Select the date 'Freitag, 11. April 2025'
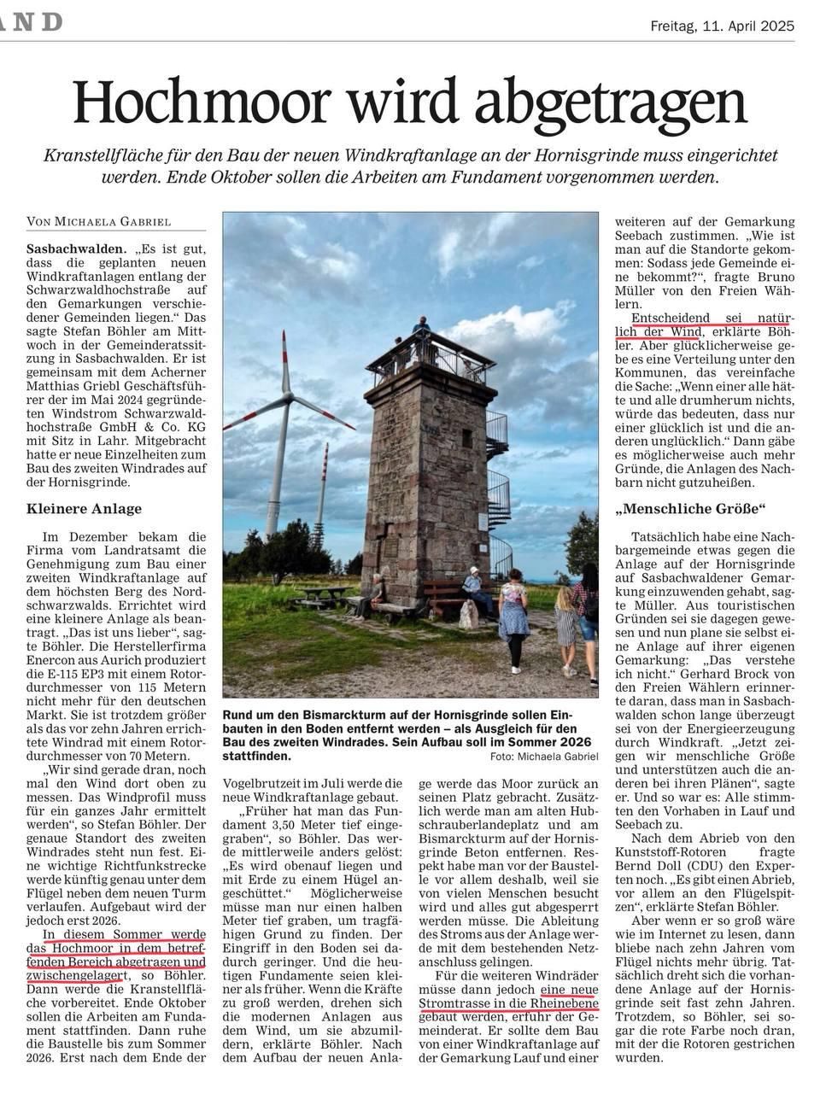pos(722,26)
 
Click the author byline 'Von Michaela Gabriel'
pos(99,222)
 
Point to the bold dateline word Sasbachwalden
pos(70,248)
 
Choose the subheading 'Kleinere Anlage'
pos(85,509)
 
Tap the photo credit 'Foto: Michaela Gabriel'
pos(545,757)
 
